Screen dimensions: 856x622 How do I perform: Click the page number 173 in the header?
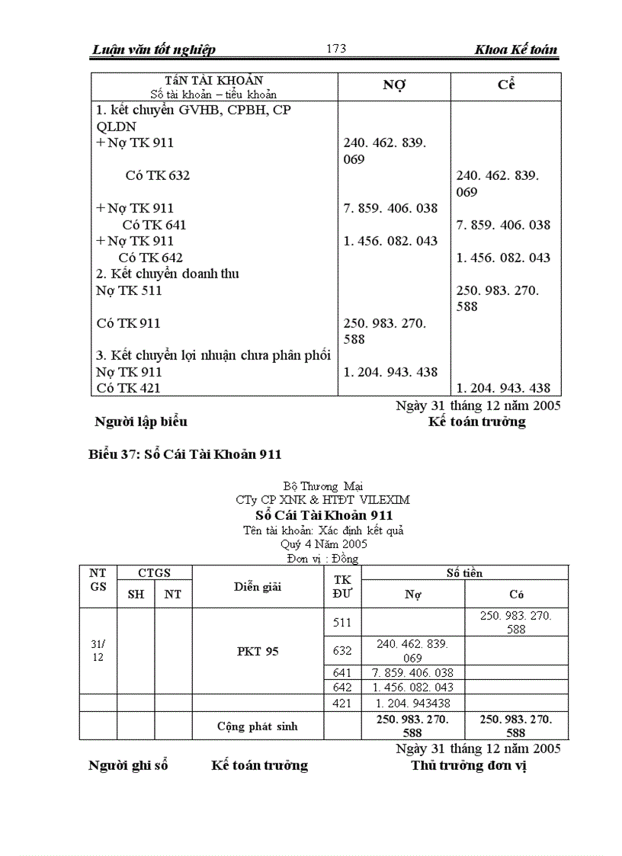[x=336, y=49]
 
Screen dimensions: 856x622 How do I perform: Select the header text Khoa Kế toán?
[x=515, y=50]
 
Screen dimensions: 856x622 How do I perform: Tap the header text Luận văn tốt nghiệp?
[x=153, y=50]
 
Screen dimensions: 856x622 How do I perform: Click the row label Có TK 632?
[x=158, y=175]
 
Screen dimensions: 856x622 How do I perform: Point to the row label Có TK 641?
[x=154, y=225]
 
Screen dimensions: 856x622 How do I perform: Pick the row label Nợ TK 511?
[x=129, y=290]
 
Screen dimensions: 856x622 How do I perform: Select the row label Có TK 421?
[x=128, y=388]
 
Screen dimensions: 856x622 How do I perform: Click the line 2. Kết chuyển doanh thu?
[x=167, y=274]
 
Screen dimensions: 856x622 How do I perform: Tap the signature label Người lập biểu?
[x=140, y=422]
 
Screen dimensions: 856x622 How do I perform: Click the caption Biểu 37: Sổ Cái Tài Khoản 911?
[x=185, y=454]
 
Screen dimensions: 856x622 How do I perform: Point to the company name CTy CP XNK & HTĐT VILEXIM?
[x=322, y=500]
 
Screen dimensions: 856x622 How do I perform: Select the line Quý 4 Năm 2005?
[x=323, y=544]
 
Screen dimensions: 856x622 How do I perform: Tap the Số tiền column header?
[x=464, y=572]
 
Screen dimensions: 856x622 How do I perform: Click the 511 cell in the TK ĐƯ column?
[x=342, y=623]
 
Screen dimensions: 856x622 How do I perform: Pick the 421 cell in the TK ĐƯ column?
[x=342, y=703]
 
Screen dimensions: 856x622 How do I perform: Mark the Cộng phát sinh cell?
[x=258, y=726]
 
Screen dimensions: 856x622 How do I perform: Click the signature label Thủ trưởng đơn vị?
[x=469, y=765]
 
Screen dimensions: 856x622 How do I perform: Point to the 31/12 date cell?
[x=98, y=650]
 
